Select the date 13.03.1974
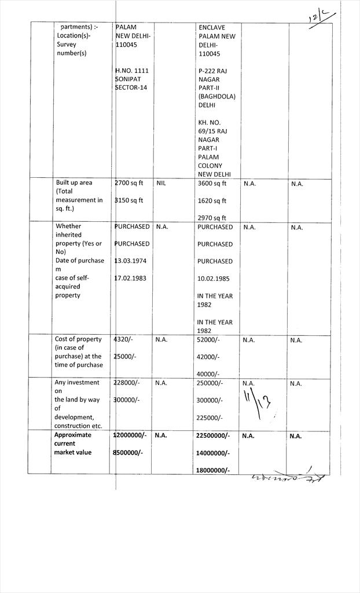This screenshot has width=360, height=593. [x=130, y=261]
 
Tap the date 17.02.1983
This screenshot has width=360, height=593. [x=130, y=279]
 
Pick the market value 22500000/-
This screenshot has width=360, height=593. [x=214, y=435]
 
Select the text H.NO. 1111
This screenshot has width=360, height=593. [x=132, y=71]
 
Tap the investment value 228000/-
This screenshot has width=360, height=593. [x=127, y=383]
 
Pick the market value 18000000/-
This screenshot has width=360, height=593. [x=214, y=470]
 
